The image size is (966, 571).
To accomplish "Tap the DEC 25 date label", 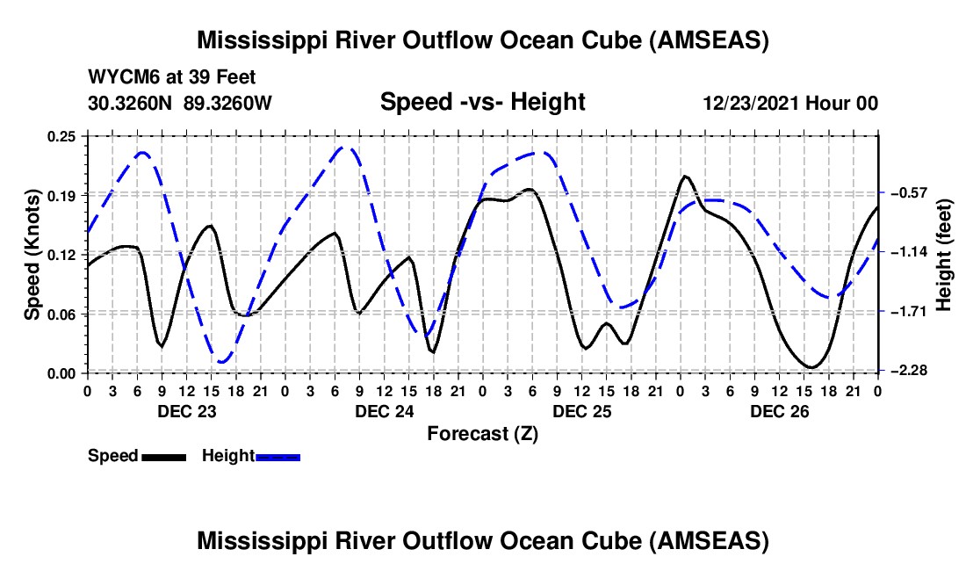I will (581, 410).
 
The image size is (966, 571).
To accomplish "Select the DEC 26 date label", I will (779, 410).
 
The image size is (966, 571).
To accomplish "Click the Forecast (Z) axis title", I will (482, 433).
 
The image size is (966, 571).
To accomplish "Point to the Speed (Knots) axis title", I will (32, 254).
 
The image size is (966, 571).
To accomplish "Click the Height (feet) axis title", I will (945, 255).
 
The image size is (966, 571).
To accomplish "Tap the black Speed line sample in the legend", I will (162, 457).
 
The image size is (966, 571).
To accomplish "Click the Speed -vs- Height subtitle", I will (482, 102).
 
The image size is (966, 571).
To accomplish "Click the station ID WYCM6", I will (119, 77).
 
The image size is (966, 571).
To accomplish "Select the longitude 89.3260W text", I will (228, 103).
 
